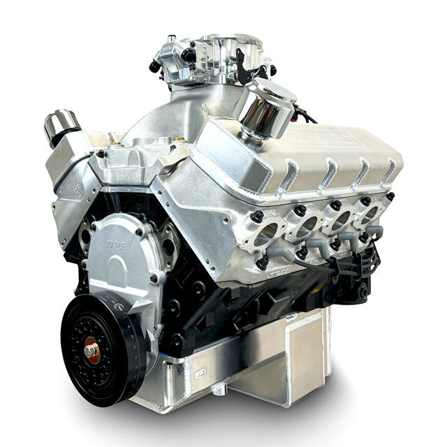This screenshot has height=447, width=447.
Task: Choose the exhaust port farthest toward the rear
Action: coord(367,213)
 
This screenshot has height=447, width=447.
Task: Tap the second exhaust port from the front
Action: coord(304,226)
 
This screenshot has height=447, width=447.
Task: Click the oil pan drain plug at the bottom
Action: coord(217,387)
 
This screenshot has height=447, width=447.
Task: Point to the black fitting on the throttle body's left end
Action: coord(155,67)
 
